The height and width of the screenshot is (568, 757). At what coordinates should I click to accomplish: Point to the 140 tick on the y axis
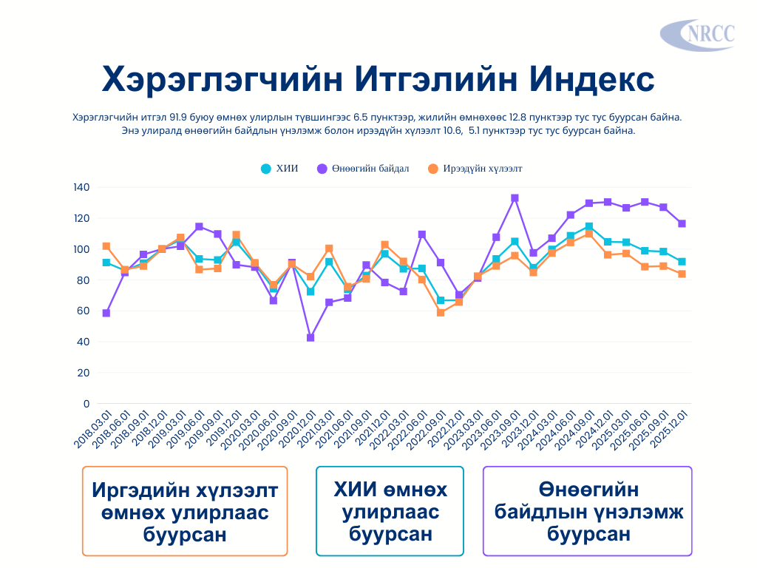81,188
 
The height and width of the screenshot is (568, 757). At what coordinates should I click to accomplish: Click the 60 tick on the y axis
84,311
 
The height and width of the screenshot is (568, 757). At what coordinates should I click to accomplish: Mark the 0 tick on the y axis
86,404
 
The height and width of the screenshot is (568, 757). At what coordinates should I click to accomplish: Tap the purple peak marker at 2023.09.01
515,198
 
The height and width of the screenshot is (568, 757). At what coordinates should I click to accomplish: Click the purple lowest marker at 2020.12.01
310,337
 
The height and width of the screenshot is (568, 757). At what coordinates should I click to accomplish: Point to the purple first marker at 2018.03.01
106,313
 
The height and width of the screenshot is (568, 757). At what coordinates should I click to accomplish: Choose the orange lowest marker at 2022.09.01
441,313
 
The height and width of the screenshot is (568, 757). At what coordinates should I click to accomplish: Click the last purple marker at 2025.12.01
682,223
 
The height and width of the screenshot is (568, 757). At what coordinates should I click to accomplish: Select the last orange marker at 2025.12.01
682,274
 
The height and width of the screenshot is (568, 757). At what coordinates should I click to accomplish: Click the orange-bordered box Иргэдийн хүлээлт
185,511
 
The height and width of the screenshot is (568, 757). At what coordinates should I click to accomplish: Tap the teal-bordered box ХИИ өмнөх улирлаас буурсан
390,511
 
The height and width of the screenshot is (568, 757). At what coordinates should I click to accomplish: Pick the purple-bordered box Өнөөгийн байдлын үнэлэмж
588,511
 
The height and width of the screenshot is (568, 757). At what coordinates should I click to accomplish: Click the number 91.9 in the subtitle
180,118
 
